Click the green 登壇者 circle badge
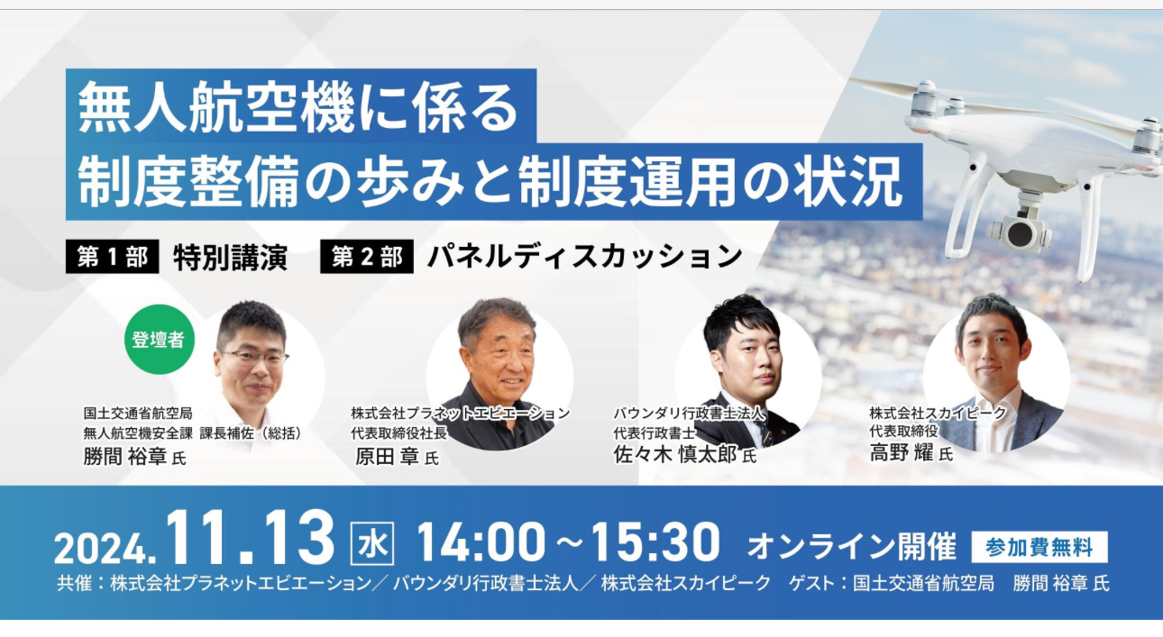tap(158, 341)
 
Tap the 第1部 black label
tap(112, 258)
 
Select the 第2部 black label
tap(366, 258)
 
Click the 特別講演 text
tap(230, 258)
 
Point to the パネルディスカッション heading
tap(584, 258)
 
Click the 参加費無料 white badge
tap(1039, 547)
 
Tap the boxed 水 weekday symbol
tap(370, 544)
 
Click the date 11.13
tap(250, 541)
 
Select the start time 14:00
tap(481, 543)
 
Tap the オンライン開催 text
tap(851, 546)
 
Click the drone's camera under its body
tap(1020, 232)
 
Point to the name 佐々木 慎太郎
tap(675, 454)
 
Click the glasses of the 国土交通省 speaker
tap(255, 357)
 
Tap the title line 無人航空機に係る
tap(299, 108)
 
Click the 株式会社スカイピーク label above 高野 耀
tap(937, 413)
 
